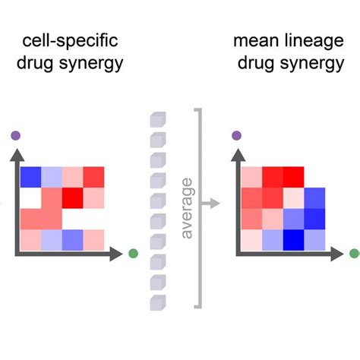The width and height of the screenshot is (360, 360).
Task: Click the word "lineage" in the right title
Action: (311, 39)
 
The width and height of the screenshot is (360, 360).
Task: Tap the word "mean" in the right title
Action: (257, 39)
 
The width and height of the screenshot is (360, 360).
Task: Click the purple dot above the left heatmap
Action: (16, 136)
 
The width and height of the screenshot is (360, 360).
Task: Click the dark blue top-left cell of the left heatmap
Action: (31, 177)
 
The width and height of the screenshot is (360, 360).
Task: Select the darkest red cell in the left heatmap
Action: (73, 197)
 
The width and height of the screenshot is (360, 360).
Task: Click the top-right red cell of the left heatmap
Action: (94, 177)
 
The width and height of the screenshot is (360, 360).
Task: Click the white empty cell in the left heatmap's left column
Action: (31, 197)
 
